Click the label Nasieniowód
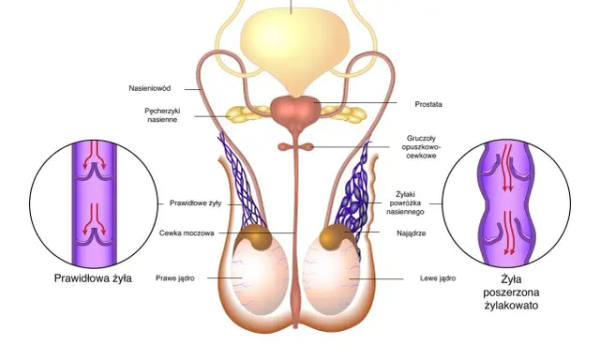[150, 88]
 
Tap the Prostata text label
[428, 104]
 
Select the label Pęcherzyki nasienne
[162, 115]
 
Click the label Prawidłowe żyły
[196, 203]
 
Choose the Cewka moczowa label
[187, 233]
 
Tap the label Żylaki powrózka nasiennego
[406, 203]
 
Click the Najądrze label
[412, 233]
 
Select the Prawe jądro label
[175, 278]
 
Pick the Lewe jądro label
[438, 278]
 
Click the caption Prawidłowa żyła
[93, 278]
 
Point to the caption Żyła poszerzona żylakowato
[511, 292]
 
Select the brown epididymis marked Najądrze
[336, 237]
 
